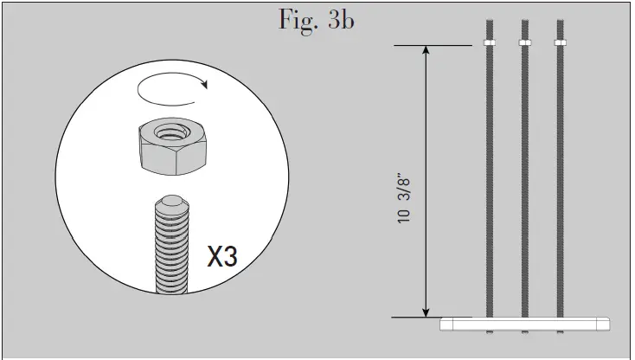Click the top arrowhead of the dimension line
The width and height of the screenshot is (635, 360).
[x=426, y=51]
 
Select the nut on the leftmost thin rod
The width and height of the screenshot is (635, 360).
[x=489, y=42]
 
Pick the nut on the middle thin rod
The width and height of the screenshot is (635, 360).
[x=523, y=42]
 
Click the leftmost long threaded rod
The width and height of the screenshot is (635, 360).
[x=489, y=182]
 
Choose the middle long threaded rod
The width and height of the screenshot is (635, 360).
[x=523, y=182]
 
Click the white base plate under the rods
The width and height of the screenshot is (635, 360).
[x=524, y=324]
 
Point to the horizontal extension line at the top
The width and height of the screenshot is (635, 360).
[x=433, y=45]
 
